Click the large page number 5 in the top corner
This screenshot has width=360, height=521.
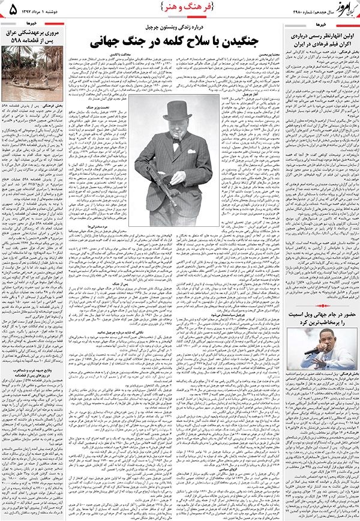pyautogui.click(x=13, y=8)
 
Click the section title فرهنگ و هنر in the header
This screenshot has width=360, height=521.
pyautogui.click(x=179, y=7)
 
